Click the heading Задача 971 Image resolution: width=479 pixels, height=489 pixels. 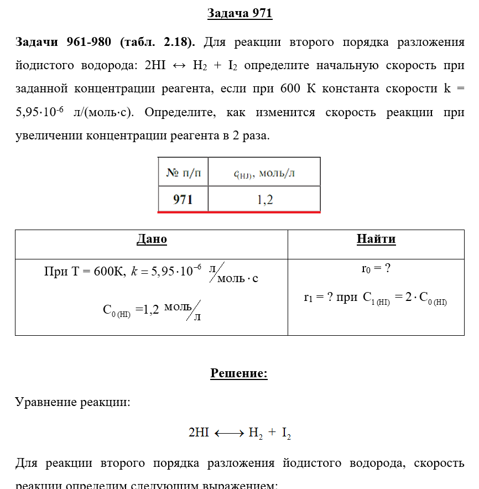(x=239, y=14)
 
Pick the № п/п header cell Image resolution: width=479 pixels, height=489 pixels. (x=183, y=173)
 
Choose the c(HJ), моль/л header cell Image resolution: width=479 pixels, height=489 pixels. (x=264, y=173)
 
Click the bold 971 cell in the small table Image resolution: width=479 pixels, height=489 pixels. (x=183, y=199)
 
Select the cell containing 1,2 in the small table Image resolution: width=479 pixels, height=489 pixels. (x=264, y=199)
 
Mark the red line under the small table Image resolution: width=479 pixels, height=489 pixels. (x=239, y=211)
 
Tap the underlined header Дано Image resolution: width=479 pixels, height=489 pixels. (x=152, y=240)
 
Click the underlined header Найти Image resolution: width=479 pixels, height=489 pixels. (x=376, y=240)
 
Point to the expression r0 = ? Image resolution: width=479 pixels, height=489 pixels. (x=376, y=269)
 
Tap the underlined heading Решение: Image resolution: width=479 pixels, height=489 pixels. (x=239, y=374)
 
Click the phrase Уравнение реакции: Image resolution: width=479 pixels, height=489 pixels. (x=72, y=402)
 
